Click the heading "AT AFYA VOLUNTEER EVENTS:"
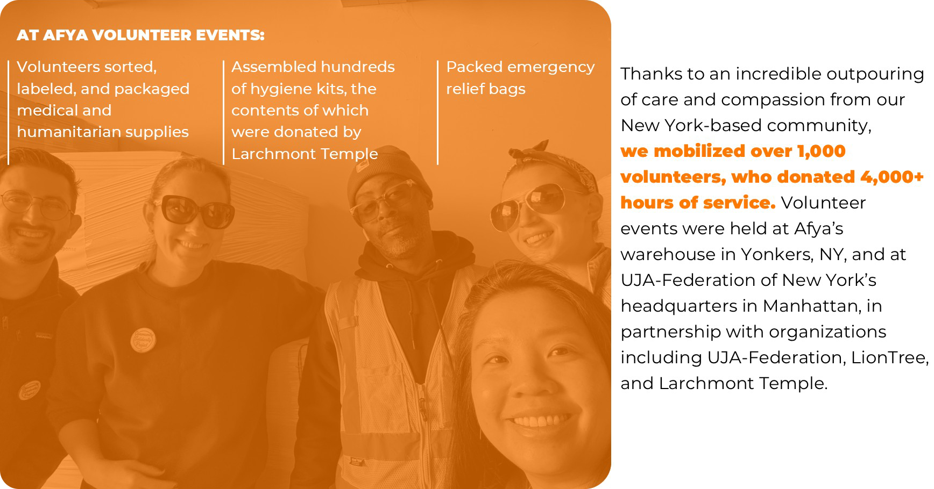140,35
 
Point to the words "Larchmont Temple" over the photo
305,154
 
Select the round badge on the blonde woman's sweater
143,340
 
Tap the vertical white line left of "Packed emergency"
438,112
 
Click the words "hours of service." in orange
698,203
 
